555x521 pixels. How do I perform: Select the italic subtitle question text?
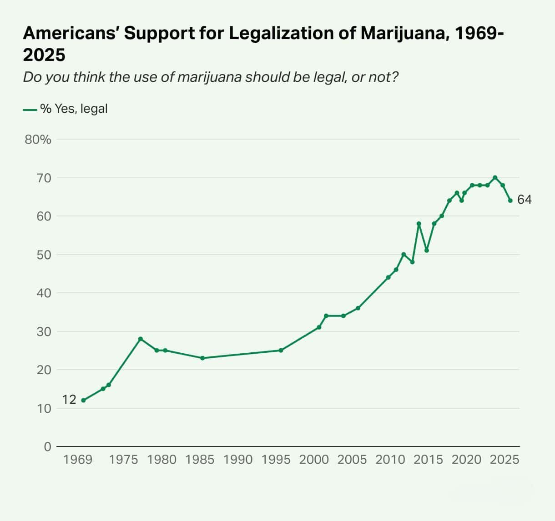pyautogui.click(x=211, y=77)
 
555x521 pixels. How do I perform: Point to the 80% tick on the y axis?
pyautogui.click(x=38, y=140)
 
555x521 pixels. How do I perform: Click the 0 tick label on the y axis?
pyautogui.click(x=47, y=447)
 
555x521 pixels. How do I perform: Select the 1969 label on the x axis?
pyautogui.click(x=78, y=460)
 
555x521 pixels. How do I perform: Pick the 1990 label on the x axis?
pyautogui.click(x=238, y=460)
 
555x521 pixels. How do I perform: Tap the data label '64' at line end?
pyautogui.click(x=525, y=200)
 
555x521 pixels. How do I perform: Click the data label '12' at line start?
pyautogui.click(x=69, y=400)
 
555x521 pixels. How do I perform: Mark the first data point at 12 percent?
pyautogui.click(x=83, y=401)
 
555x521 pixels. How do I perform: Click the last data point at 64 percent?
pyautogui.click(x=510, y=200)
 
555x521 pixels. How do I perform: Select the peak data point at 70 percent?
pyautogui.click(x=495, y=177)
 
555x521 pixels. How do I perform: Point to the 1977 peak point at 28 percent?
pyautogui.click(x=141, y=339)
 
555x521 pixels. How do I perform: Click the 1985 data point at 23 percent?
pyautogui.click(x=202, y=358)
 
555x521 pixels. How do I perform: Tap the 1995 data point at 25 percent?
pyautogui.click(x=281, y=351)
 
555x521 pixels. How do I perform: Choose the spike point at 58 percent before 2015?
pyautogui.click(x=419, y=224)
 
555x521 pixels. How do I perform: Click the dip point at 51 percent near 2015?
pyautogui.click(x=427, y=250)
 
